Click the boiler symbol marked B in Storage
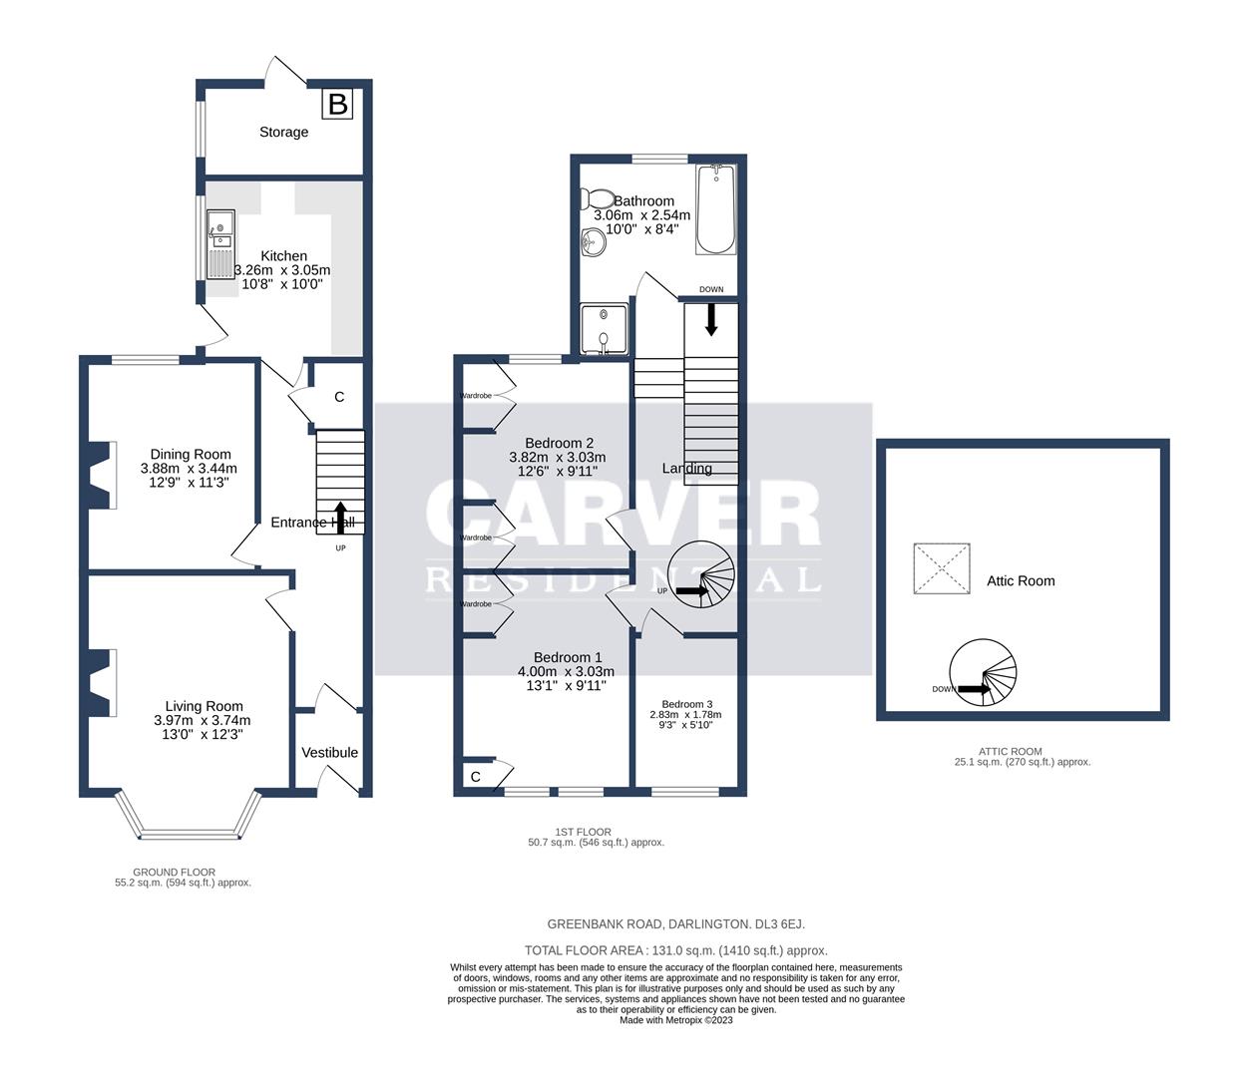pos(338,103)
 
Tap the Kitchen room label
pos(283,256)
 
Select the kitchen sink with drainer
pos(219,244)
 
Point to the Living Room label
pos(204,706)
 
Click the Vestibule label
pos(330,752)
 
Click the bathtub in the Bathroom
pos(714,209)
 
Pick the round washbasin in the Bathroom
pos(594,240)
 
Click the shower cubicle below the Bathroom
pos(606,330)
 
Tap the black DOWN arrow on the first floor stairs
pos(711,318)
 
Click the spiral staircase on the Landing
pos(700,588)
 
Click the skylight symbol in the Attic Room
pos(942,569)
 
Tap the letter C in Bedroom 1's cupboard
pos(476,777)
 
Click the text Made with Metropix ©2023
pos(676,1020)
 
